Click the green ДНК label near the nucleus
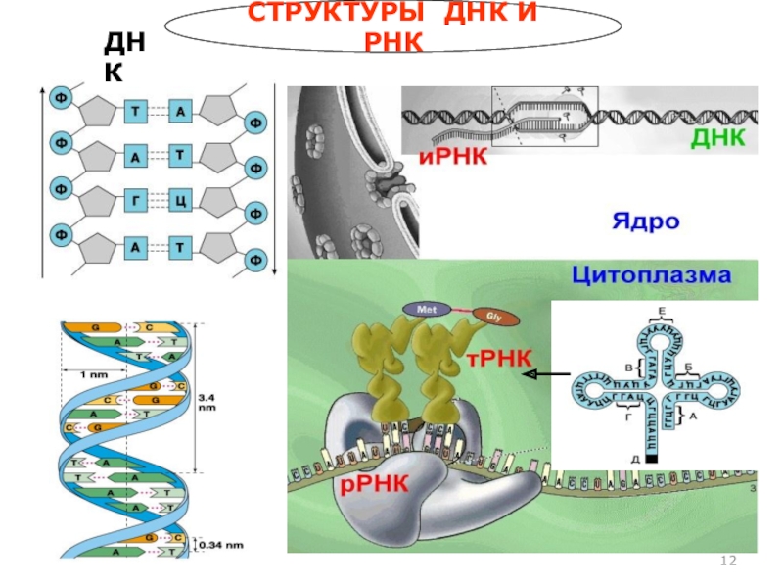click(718, 139)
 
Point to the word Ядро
click(645, 220)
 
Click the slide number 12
click(727, 560)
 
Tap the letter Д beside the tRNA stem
click(636, 457)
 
